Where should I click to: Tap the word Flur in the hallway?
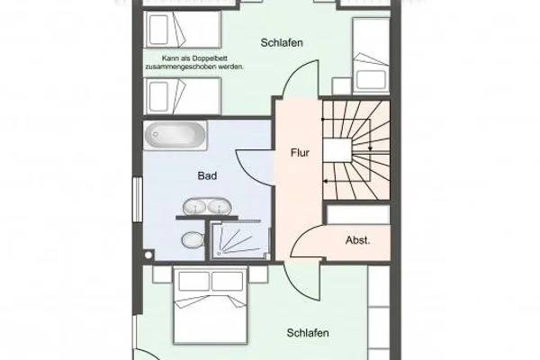click(300, 152)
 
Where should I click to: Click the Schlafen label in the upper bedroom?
click(281, 42)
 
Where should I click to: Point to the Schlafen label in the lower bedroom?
click(308, 333)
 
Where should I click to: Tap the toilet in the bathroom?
click(191, 241)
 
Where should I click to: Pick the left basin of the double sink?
click(194, 206)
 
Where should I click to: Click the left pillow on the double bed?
click(195, 282)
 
